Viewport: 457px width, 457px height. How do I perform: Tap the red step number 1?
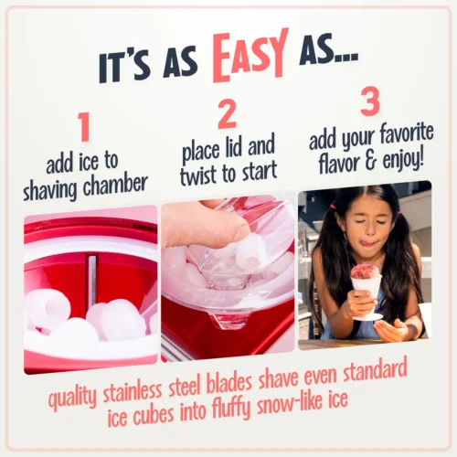[84, 128]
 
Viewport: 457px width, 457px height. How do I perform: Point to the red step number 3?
[369, 101]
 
